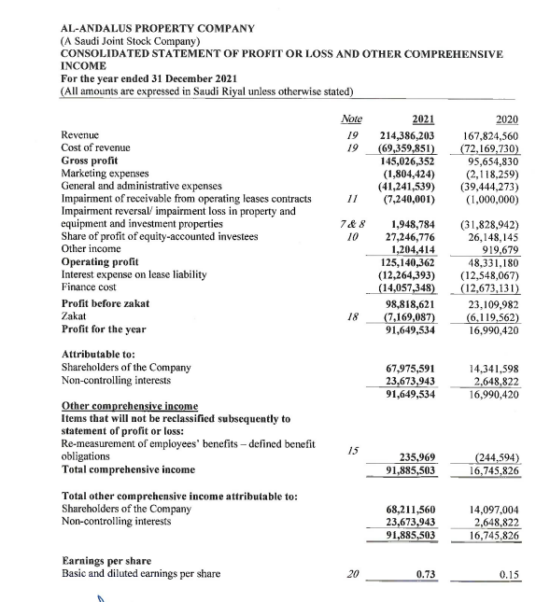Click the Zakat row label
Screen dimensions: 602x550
(74, 317)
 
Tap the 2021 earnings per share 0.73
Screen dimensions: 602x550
(426, 572)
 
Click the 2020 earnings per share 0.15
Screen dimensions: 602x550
(509, 572)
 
